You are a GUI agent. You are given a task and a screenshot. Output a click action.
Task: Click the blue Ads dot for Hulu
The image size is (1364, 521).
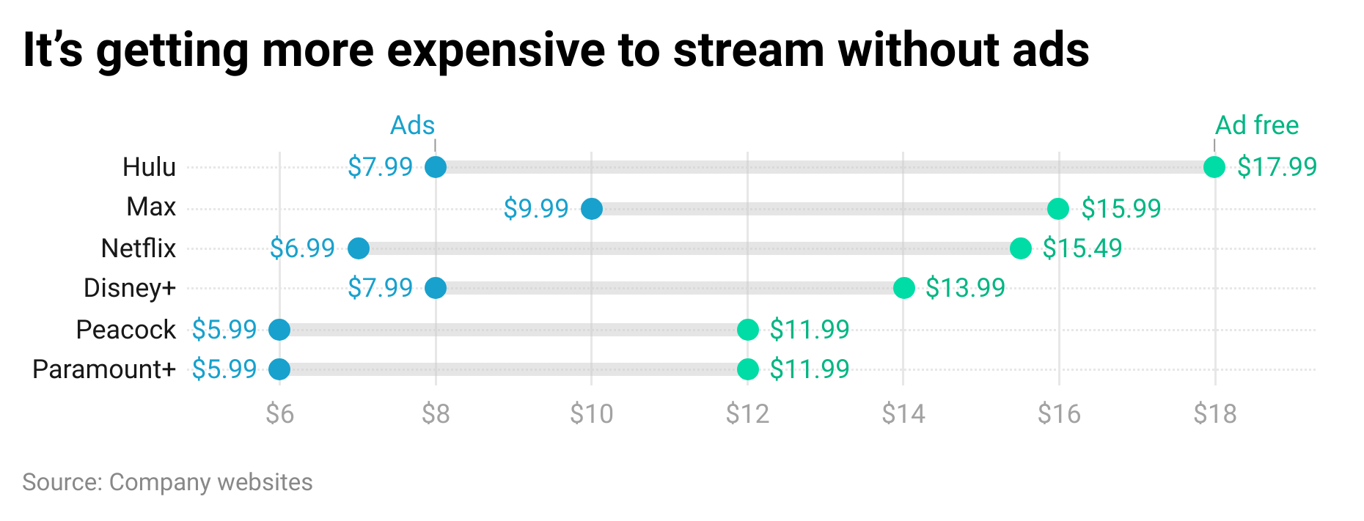tap(436, 167)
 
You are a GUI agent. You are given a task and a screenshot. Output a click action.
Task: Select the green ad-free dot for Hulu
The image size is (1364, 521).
tap(1214, 167)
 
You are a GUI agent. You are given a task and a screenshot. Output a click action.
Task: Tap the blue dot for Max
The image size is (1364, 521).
tap(592, 209)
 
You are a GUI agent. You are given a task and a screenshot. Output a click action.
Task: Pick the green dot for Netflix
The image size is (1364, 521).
tap(1020, 248)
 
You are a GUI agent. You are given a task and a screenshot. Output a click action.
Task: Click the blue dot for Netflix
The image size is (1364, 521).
tap(358, 248)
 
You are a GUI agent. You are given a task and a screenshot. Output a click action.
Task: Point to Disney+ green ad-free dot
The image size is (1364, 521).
tap(903, 288)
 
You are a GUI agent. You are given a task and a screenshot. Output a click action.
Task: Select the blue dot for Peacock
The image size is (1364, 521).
tap(279, 330)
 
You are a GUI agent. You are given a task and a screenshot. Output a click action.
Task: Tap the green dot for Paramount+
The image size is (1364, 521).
tap(747, 369)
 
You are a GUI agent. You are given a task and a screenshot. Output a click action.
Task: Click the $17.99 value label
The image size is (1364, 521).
tap(1277, 167)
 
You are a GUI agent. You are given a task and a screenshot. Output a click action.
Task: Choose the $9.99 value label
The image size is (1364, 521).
tap(536, 209)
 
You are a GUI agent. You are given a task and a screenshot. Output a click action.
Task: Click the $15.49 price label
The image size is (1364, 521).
tap(1082, 248)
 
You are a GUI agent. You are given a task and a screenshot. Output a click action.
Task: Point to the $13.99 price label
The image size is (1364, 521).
tap(965, 288)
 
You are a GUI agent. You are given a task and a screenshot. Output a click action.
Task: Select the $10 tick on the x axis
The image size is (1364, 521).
tap(591, 414)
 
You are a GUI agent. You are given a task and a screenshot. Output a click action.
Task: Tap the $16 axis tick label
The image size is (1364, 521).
tap(1059, 414)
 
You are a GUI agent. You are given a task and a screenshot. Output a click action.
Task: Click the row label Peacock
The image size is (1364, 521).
tap(125, 330)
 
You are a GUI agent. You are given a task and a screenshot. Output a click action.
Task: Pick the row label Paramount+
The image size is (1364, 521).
tap(104, 369)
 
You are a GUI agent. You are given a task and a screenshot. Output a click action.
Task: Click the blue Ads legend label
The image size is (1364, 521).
tap(412, 125)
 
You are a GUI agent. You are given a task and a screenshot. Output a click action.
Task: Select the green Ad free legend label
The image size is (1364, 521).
tap(1256, 125)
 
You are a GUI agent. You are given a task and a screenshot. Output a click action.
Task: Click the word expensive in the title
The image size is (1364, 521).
tap(496, 50)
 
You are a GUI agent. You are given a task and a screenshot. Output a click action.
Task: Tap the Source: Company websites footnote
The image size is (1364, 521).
tap(167, 482)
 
